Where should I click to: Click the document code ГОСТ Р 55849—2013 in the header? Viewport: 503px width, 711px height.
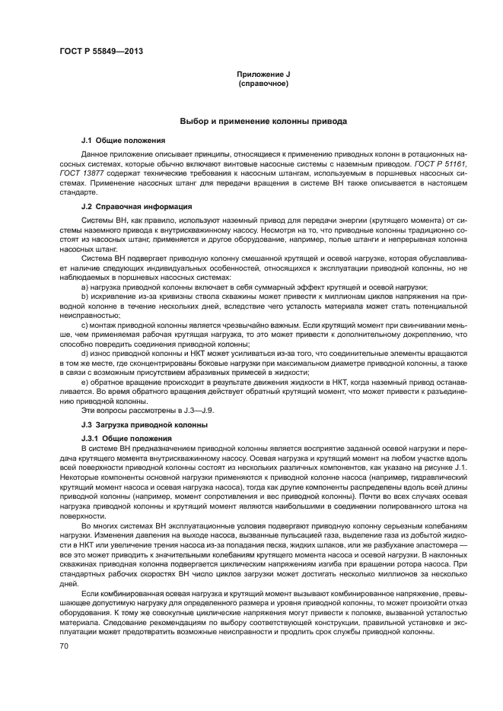click(101, 52)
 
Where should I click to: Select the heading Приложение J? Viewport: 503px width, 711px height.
click(263, 74)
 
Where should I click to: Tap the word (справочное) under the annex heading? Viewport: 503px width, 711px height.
click(263, 83)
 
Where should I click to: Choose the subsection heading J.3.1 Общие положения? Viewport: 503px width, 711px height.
click(126, 439)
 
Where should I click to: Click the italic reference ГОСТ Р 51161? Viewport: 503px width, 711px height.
click(442, 163)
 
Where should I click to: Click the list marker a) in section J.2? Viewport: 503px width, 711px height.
click(84, 287)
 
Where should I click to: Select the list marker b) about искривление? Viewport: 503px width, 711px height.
click(84, 297)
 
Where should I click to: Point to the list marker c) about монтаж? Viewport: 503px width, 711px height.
click(84, 325)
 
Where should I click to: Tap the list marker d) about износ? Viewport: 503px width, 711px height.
click(84, 354)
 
